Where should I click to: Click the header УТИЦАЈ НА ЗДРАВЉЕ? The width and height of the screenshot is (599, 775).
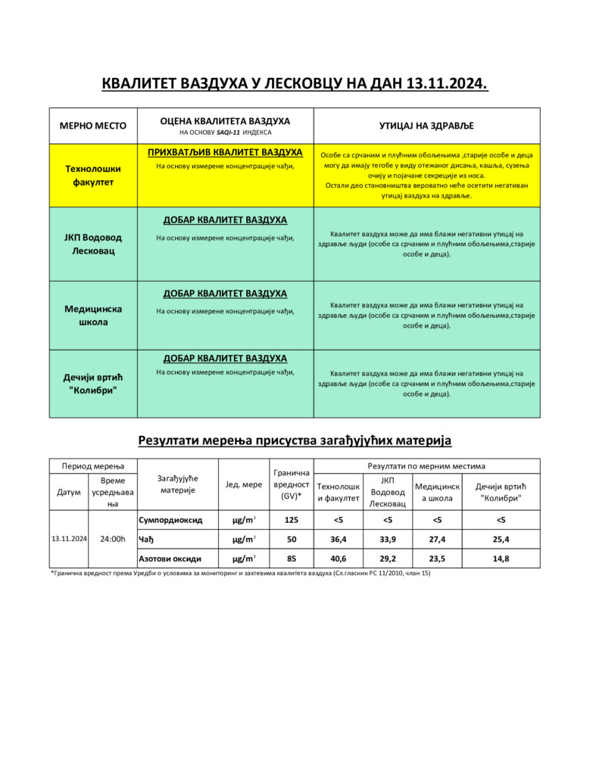tap(426, 126)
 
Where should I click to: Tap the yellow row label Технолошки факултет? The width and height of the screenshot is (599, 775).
tap(93, 176)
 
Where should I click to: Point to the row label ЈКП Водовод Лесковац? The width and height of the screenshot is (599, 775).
tap(93, 244)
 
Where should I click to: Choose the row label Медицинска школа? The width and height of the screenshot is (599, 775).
tap(93, 315)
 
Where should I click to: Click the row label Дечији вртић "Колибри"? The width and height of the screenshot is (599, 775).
tap(93, 384)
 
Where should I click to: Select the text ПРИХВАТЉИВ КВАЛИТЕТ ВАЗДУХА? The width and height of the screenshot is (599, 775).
tap(225, 153)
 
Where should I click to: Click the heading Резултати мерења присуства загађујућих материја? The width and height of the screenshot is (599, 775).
tap(295, 440)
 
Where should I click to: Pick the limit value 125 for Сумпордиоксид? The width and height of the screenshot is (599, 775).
tap(290, 520)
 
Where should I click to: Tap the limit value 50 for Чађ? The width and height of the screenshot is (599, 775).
tap(290, 539)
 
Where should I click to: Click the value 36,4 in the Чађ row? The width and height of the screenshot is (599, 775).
tap(338, 539)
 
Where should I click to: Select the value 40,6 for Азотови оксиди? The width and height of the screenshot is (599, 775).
tap(338, 559)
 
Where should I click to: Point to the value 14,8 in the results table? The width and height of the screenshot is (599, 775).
tap(501, 559)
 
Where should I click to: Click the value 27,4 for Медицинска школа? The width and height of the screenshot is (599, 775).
tap(437, 539)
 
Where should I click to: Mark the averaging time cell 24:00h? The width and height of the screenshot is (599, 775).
tap(112, 539)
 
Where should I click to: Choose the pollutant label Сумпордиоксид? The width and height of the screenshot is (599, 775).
tap(170, 520)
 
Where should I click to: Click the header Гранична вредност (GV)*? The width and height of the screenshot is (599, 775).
tap(291, 484)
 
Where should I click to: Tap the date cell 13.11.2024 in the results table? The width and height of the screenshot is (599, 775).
tap(69, 539)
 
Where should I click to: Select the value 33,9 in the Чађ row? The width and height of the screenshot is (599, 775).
tap(388, 539)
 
